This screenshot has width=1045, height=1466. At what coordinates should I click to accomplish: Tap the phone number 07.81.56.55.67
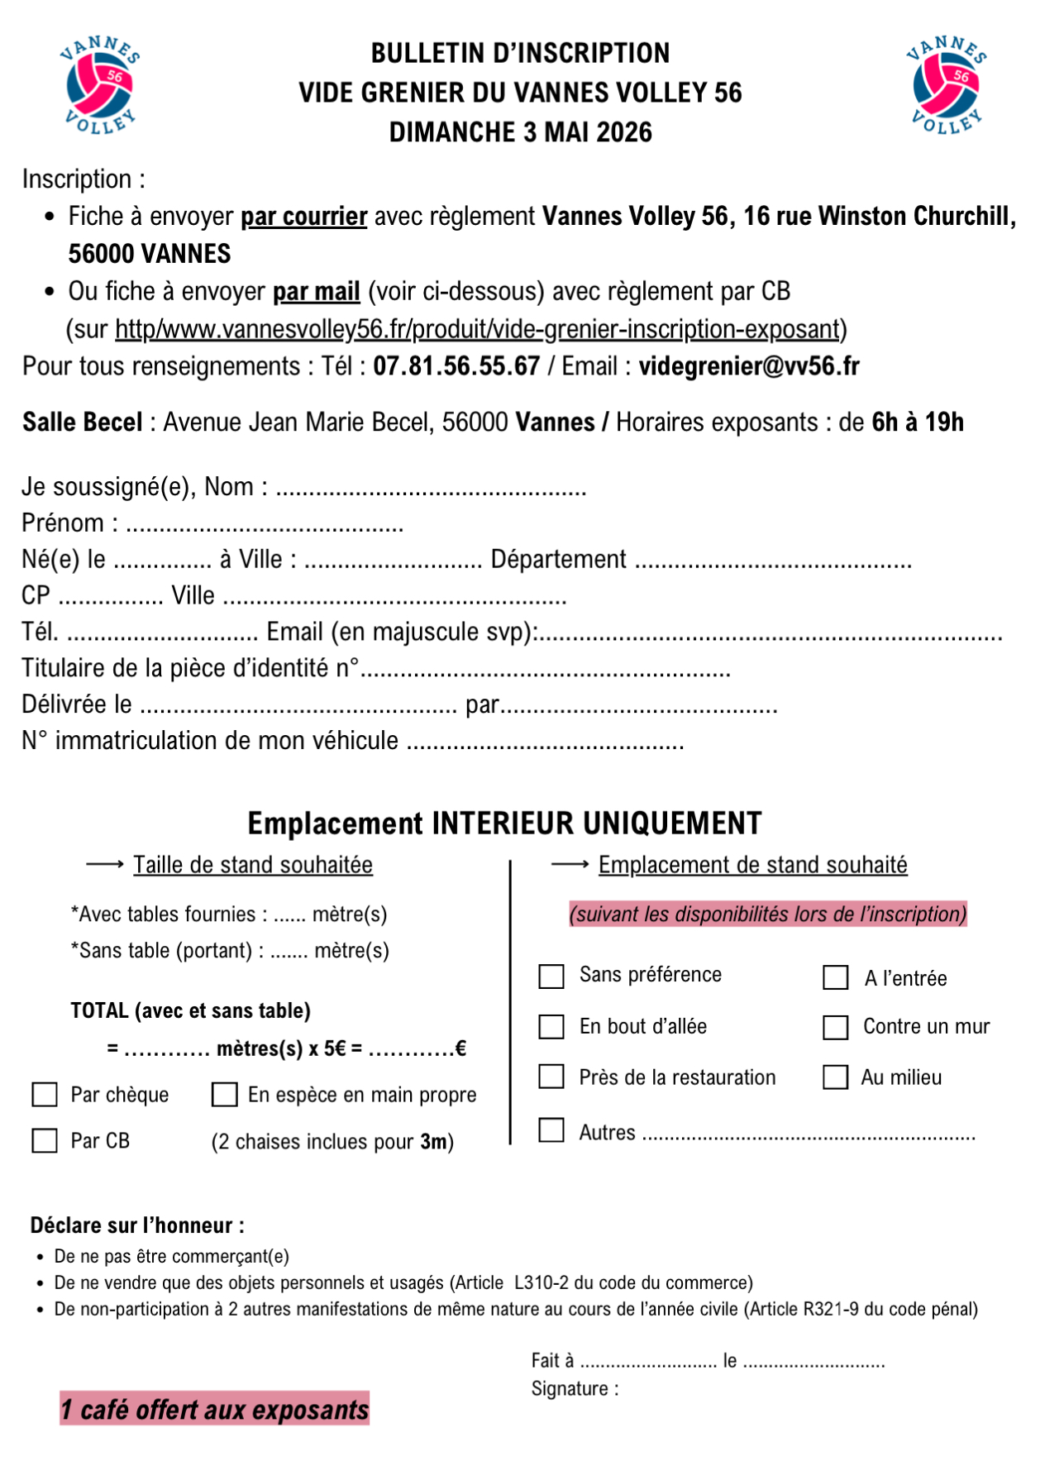[456, 366]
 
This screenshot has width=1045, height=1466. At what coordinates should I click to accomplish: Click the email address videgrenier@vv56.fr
[749, 366]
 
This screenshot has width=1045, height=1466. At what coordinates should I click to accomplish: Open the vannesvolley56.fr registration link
[477, 329]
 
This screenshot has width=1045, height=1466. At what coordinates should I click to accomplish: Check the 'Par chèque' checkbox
[45, 1095]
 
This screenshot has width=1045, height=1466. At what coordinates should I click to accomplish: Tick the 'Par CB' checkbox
[45, 1141]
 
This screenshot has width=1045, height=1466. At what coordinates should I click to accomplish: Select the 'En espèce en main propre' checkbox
[225, 1095]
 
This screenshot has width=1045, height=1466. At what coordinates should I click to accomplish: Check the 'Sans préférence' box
[551, 977]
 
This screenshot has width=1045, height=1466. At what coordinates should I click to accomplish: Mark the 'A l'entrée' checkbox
[836, 977]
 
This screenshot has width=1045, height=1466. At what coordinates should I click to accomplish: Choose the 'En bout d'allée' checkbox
[551, 1027]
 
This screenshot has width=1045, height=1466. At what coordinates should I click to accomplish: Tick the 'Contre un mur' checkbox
[836, 1027]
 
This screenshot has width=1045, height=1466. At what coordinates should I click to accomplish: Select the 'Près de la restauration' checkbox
[551, 1077]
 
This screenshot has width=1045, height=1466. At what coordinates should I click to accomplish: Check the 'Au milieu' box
[836, 1077]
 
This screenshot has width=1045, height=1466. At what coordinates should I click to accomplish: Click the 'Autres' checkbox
[551, 1130]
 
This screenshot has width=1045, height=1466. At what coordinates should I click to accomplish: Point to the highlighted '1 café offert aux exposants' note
[214, 1409]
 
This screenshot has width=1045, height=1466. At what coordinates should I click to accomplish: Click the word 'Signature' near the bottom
[570, 1389]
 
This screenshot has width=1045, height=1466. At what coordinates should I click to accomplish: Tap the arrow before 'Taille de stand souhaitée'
[105, 865]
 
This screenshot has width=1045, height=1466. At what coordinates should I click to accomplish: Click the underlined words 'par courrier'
[303, 217]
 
